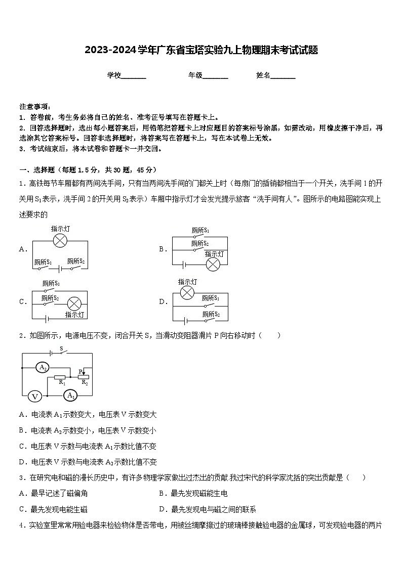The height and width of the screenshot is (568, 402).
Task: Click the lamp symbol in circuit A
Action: click(x=60, y=241)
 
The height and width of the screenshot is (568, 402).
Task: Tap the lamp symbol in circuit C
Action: click(x=74, y=303)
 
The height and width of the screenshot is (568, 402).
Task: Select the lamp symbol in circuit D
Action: click(x=187, y=292)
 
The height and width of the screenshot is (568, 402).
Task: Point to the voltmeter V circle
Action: click(x=34, y=396)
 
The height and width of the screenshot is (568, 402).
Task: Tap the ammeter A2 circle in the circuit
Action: click(x=43, y=368)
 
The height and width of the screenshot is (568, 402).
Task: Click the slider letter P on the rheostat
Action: click(x=80, y=371)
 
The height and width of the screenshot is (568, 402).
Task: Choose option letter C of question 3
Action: click(x=22, y=509)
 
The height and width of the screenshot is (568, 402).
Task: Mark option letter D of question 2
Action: click(x=22, y=462)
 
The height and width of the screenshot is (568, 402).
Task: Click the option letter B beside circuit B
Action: click(x=163, y=249)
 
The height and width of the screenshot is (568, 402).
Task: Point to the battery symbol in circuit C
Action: click(x=47, y=319)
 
